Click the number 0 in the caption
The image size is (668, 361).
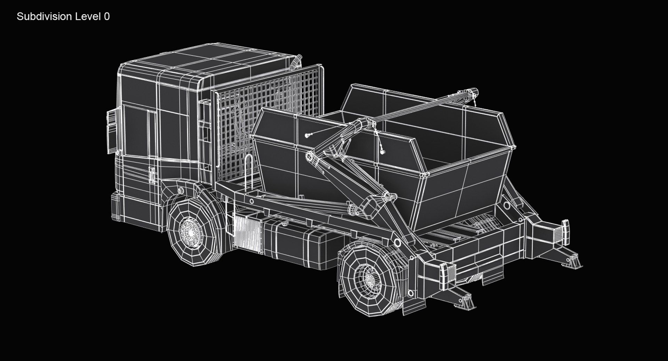click(x=107, y=16)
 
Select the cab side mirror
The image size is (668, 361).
click(x=112, y=130)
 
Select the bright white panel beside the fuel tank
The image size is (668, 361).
click(x=247, y=232)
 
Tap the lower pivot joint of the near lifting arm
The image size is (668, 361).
click(x=397, y=241)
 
